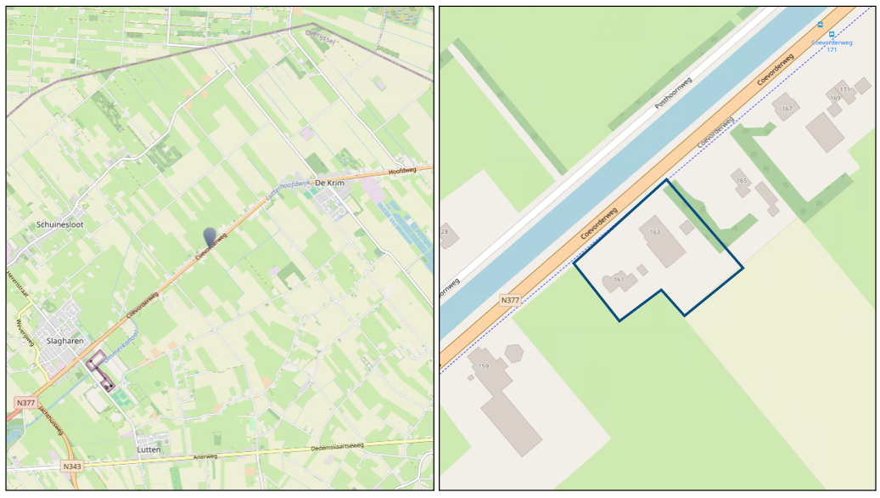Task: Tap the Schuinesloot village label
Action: [59, 224]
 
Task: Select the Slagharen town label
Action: [59, 341]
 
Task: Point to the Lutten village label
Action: [149, 449]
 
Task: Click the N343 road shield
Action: [73, 467]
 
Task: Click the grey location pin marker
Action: [210, 237]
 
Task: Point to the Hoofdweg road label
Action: [404, 172]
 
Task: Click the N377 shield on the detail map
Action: [510, 300]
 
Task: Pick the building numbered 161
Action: [619, 280]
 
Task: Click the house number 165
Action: [741, 181]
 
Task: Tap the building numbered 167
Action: [787, 109]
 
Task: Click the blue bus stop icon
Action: [820, 25]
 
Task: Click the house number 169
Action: [835, 99]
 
